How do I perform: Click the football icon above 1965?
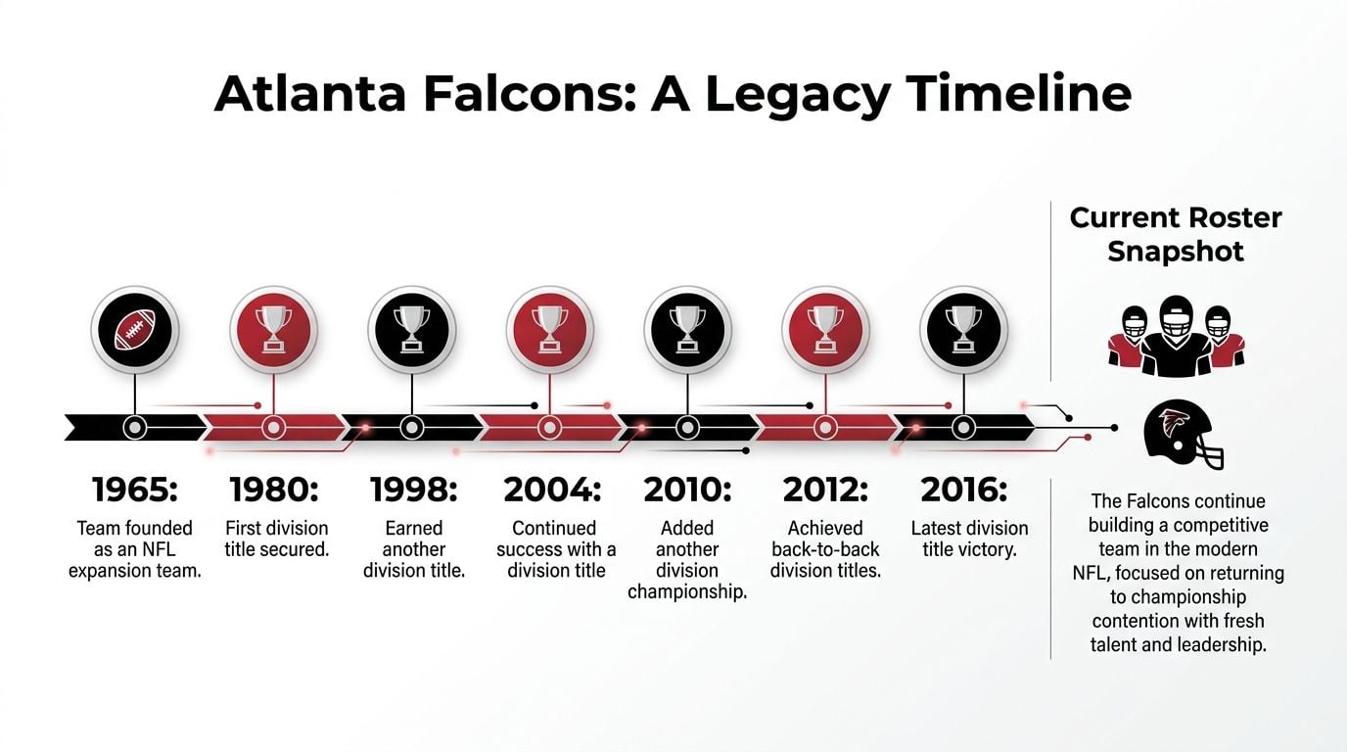135,329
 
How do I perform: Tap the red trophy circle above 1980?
273,329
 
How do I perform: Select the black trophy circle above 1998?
411,329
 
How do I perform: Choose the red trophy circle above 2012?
825,329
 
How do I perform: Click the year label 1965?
134,490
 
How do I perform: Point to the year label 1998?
412,490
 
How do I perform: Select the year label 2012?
826,490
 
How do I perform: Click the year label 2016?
964,490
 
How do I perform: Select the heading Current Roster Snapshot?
1176,234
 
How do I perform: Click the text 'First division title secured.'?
276,539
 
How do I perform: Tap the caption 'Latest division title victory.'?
969,539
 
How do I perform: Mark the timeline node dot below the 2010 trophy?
687,427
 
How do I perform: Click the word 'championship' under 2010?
687,591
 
